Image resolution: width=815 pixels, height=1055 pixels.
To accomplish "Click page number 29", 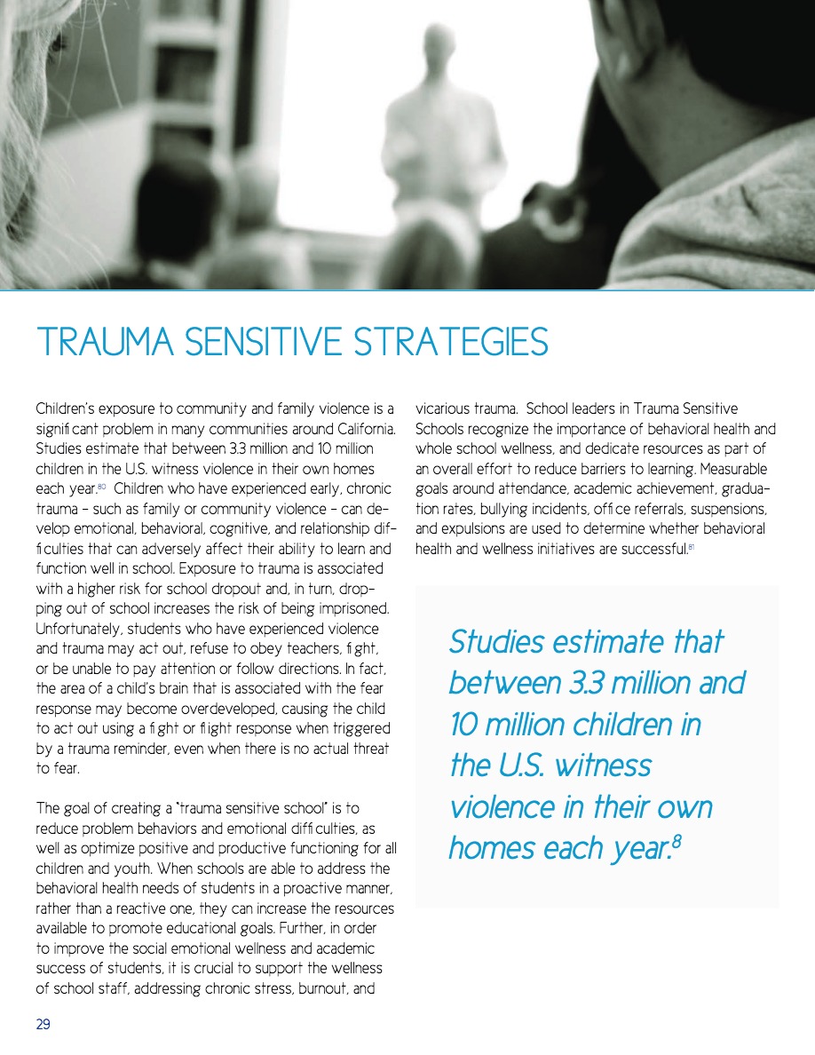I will [43, 1024].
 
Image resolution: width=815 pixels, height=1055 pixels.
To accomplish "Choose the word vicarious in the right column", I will [445, 409].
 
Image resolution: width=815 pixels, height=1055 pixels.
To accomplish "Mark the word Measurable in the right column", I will [734, 469].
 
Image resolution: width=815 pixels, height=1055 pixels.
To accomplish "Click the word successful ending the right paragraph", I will [654, 548].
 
